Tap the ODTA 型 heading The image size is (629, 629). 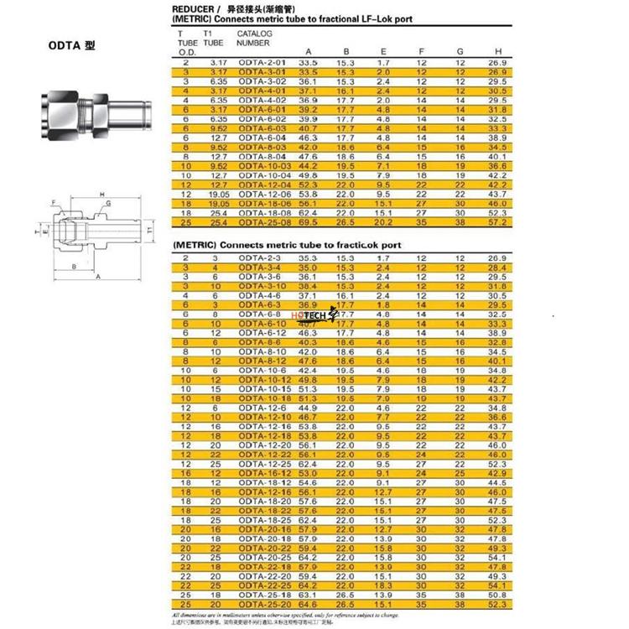[72, 44]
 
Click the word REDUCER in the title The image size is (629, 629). [195, 9]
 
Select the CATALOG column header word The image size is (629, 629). [254, 33]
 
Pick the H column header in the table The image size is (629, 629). [497, 51]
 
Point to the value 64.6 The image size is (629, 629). [308, 603]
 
